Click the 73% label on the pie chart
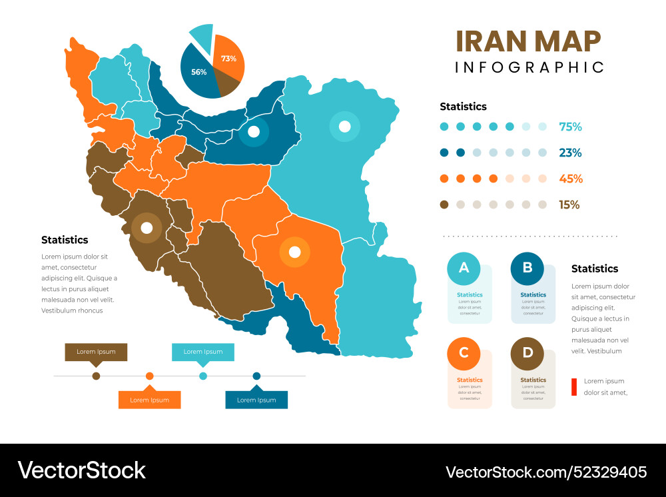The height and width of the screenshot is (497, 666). click(228, 59)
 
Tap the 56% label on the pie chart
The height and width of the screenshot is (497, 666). click(198, 72)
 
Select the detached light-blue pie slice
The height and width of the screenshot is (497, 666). click(202, 37)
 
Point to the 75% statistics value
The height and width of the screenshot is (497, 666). click(570, 127)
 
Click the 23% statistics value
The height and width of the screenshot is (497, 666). click(570, 153)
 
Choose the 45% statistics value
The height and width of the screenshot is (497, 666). click(570, 179)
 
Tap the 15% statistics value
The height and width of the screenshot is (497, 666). click(569, 205)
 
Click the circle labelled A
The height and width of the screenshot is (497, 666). click(464, 268)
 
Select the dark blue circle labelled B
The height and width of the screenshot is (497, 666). click(527, 268)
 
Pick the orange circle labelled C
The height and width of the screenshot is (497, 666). click(464, 353)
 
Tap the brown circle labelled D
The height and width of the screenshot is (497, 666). click(527, 353)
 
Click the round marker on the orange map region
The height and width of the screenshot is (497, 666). click(294, 252)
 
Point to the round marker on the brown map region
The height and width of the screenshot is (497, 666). click(146, 228)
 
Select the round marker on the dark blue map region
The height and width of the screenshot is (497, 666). click(253, 132)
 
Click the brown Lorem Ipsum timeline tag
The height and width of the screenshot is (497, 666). click(96, 352)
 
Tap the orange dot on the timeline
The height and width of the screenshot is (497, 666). click(150, 376)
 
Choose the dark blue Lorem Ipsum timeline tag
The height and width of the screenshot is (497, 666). click(256, 400)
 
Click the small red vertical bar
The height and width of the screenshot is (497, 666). click(573, 387)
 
